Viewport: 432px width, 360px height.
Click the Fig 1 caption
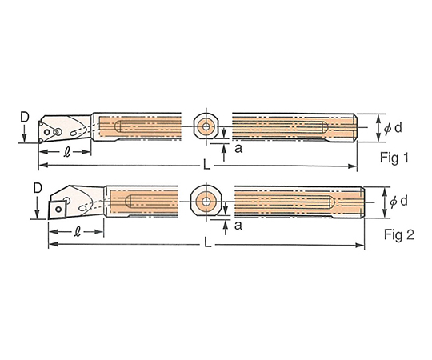pyautogui.click(x=394, y=158)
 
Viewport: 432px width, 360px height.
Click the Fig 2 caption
pyautogui.click(x=399, y=235)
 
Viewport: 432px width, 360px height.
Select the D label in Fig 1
pyautogui.click(x=25, y=118)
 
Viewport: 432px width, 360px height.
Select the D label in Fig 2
pyautogui.click(x=38, y=189)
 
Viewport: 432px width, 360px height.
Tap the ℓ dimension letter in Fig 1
pyautogui.click(x=66, y=152)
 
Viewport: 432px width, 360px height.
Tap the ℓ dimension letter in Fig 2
pyautogui.click(x=78, y=232)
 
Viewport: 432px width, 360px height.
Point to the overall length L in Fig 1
pyautogui.click(x=206, y=166)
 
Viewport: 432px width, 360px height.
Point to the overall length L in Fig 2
pyautogui.click(x=207, y=243)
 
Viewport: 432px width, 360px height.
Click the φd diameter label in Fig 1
pyautogui.click(x=393, y=128)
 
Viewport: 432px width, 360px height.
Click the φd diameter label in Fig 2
pyautogui.click(x=398, y=202)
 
